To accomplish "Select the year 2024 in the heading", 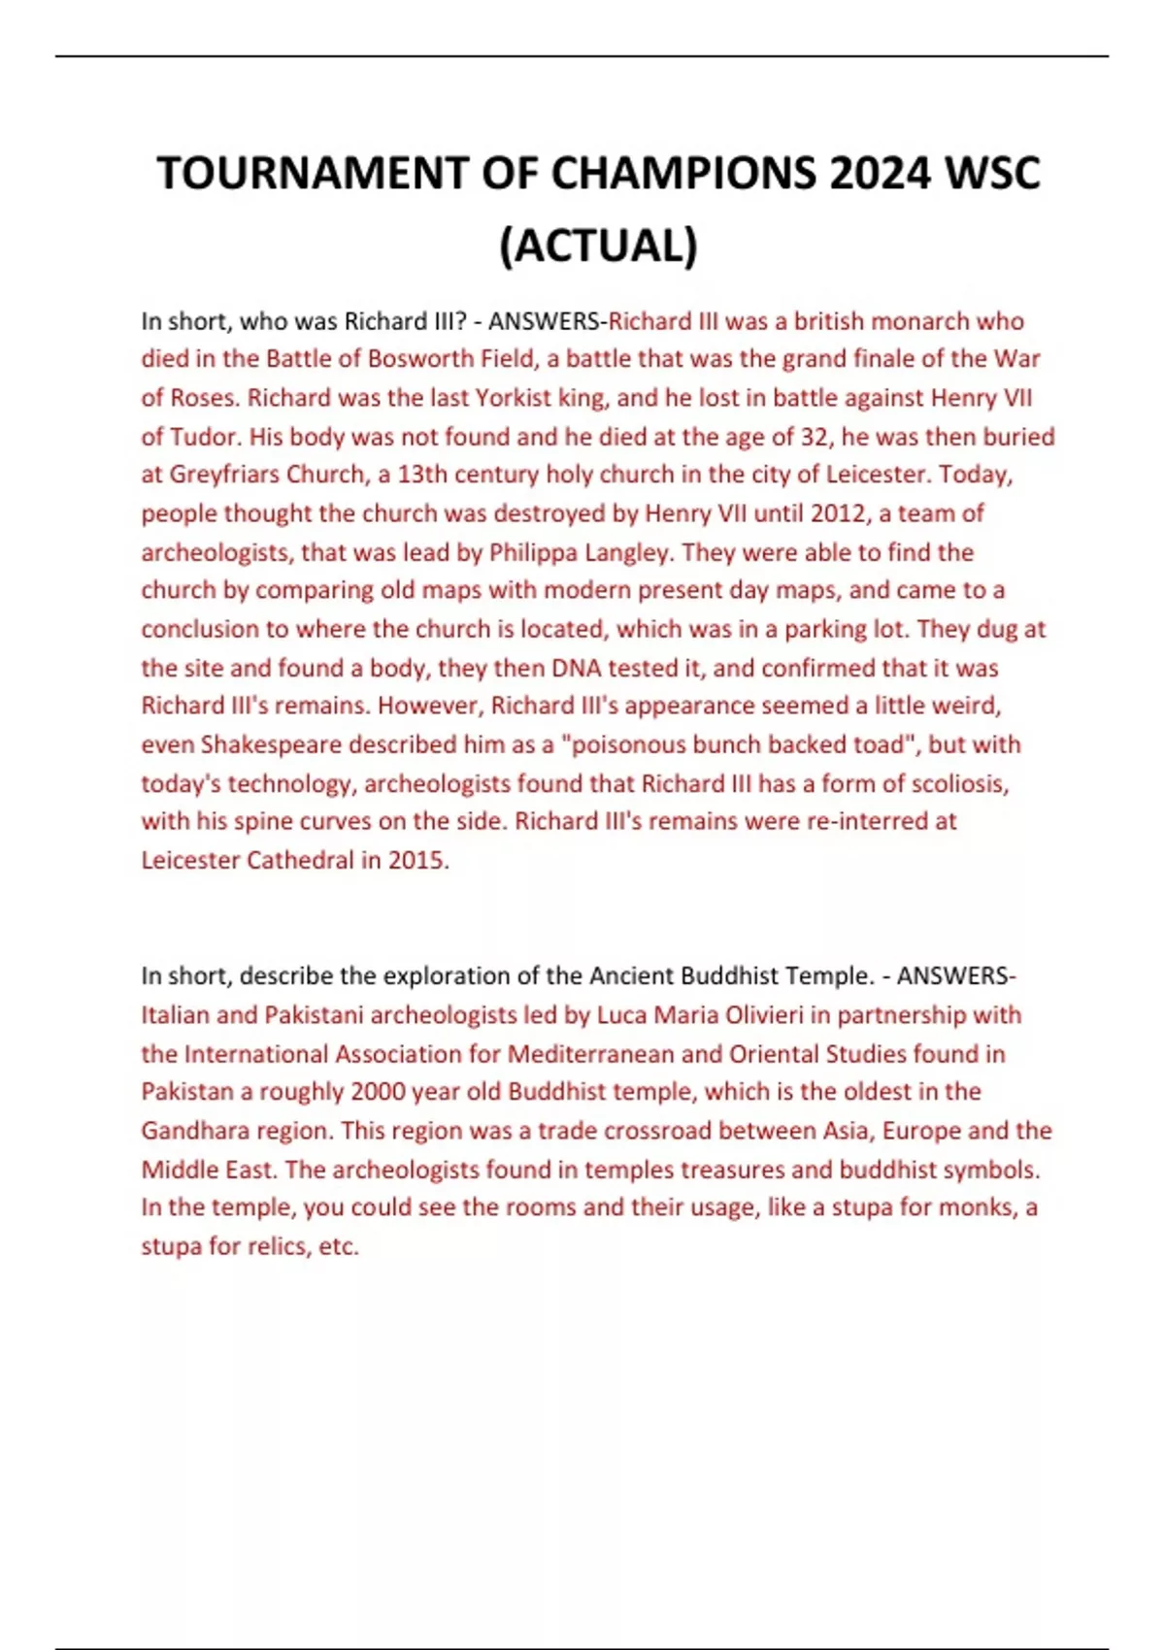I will (x=878, y=175).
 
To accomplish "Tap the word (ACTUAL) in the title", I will (x=598, y=246).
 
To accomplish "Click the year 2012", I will (x=839, y=513).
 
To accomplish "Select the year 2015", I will (x=417, y=860).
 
